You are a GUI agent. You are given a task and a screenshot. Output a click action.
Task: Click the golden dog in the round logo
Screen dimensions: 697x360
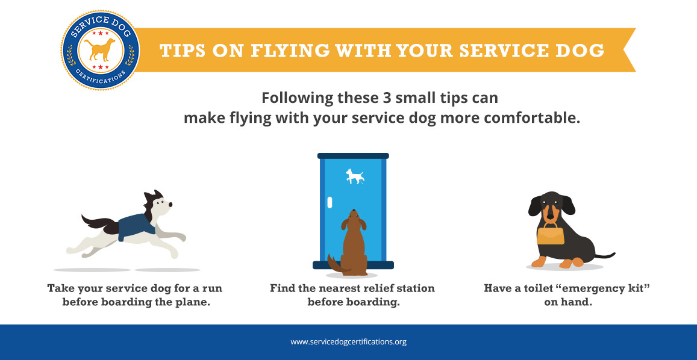[100, 49]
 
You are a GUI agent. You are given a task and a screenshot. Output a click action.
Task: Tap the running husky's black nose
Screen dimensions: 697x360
[170, 205]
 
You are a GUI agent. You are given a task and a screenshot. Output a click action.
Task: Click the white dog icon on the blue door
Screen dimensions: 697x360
[355, 176]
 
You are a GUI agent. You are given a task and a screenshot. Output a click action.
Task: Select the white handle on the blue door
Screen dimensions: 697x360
[330, 202]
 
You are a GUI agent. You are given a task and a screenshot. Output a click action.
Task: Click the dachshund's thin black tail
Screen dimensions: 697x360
[605, 256]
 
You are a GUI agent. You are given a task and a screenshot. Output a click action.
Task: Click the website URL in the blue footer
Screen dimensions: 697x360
[348, 342]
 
